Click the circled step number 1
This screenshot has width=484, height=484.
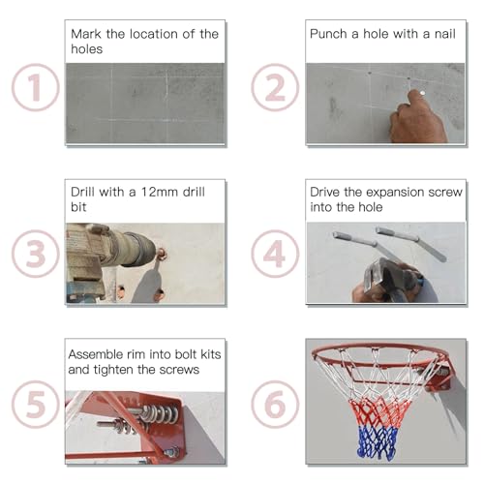click(35, 88)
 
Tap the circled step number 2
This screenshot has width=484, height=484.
click(275, 88)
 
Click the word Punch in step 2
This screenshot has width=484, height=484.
click(329, 33)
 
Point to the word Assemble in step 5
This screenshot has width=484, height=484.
click(97, 354)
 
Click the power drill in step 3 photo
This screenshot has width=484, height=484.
click(111, 254)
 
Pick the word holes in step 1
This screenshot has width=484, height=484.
click(87, 49)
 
